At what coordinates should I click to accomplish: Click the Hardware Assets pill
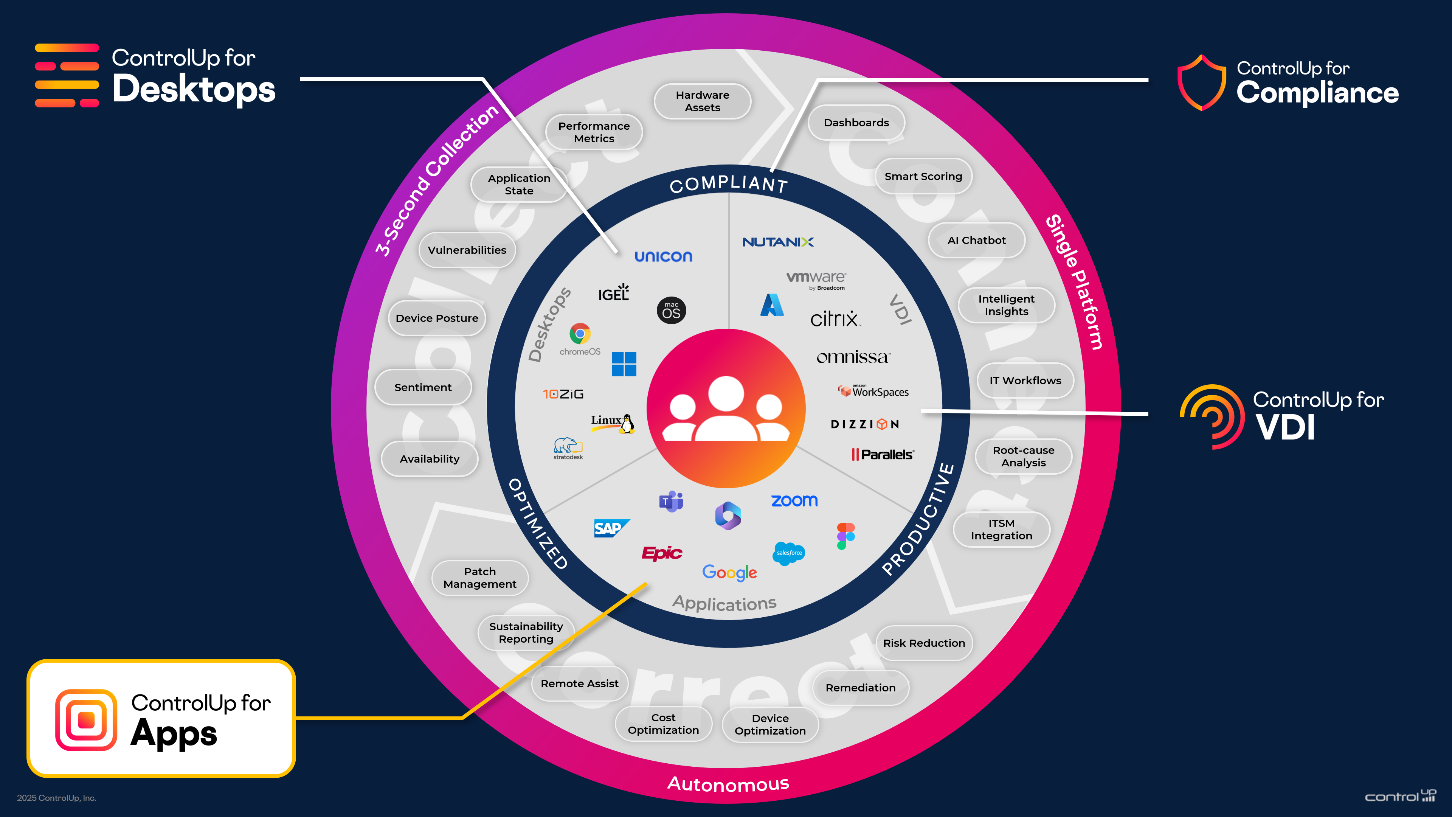pyautogui.click(x=702, y=101)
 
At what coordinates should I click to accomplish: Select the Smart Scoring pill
pyautogui.click(x=923, y=177)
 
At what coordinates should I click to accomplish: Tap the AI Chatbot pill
pyautogui.click(x=976, y=240)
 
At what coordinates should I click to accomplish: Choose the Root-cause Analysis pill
pyautogui.click(x=1023, y=456)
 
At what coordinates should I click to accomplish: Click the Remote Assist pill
pyautogui.click(x=579, y=683)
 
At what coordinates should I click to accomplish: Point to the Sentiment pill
pyautogui.click(x=423, y=387)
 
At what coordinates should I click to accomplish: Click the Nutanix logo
pyautogui.click(x=778, y=242)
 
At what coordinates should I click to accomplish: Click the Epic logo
pyautogui.click(x=662, y=553)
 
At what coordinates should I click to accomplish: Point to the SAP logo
pyautogui.click(x=610, y=528)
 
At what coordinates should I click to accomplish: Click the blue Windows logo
pyautogui.click(x=624, y=363)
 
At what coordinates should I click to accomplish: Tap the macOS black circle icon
pyautogui.click(x=671, y=311)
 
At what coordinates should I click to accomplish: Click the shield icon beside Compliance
pyautogui.click(x=1202, y=83)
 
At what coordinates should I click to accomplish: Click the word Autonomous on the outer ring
pyautogui.click(x=728, y=784)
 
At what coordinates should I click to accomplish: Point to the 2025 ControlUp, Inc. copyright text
pyautogui.click(x=56, y=798)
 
